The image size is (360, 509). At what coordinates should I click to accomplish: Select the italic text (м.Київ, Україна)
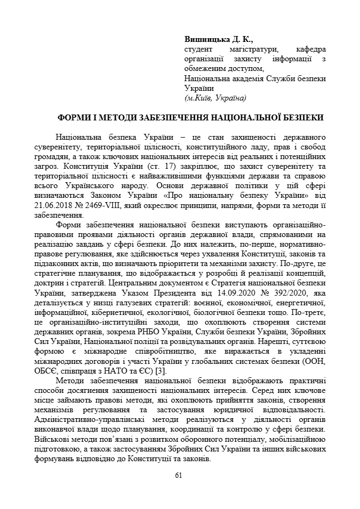(215, 98)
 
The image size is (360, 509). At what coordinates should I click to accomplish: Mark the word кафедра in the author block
(309, 49)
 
